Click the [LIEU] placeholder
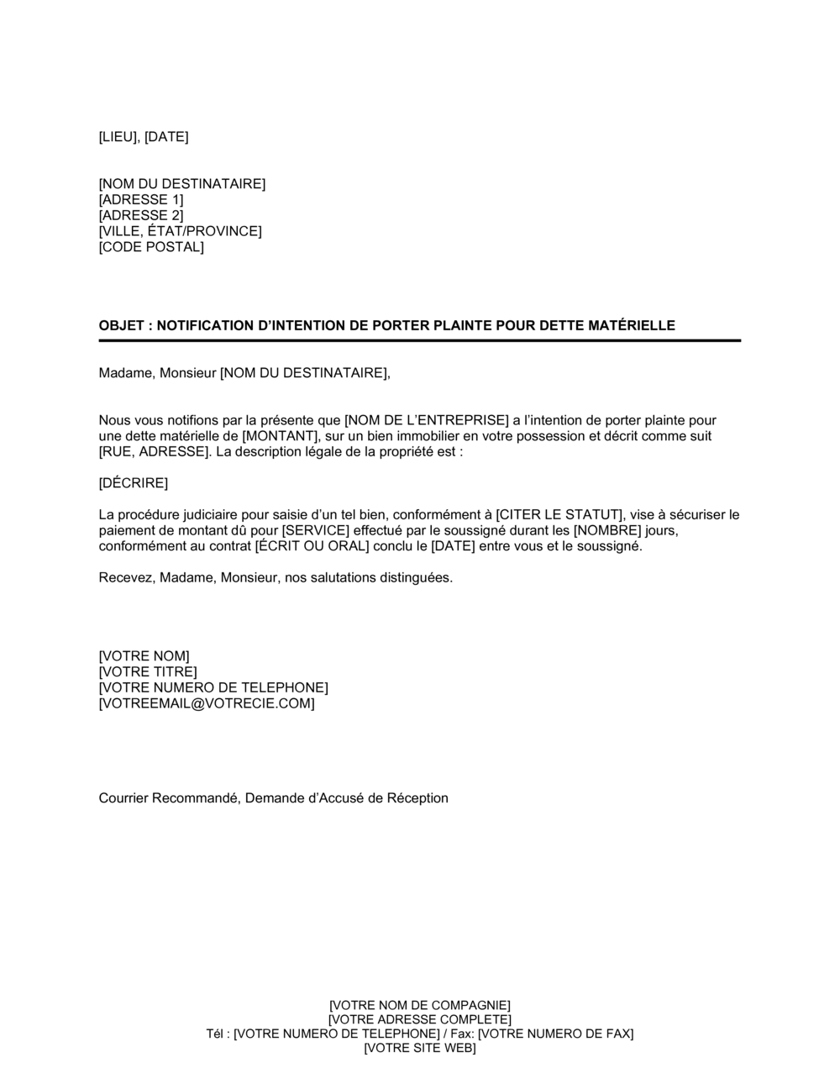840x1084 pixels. coord(118,137)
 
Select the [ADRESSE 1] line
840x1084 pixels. coord(140,200)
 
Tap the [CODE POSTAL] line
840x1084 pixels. coord(151,247)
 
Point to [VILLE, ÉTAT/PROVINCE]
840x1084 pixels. coord(180,231)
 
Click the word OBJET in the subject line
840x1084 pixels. coord(121,325)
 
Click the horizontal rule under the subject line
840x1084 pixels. coord(420,340)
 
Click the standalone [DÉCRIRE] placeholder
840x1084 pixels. coord(134,483)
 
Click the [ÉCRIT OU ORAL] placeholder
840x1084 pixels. coord(312,546)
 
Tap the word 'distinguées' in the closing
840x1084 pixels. coord(411,577)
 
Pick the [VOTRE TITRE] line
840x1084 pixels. coord(148,672)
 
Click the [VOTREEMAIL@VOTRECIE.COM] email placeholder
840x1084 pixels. coord(207,703)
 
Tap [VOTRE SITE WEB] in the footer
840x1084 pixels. coord(420,1049)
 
